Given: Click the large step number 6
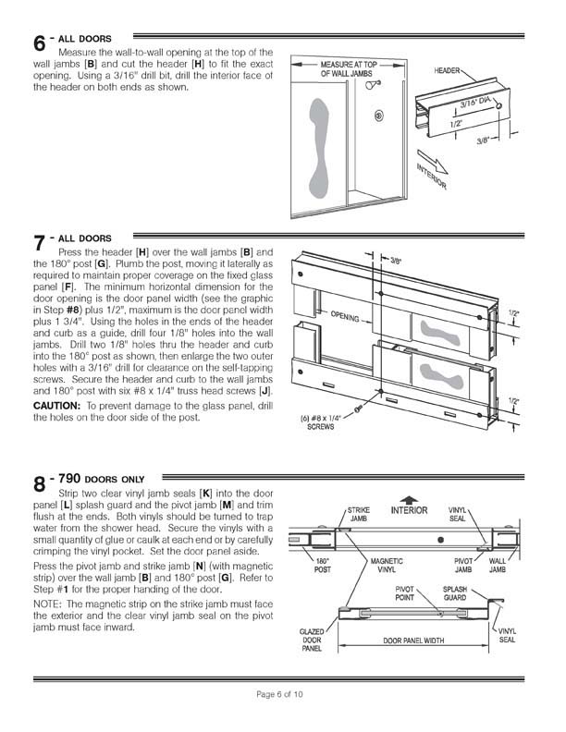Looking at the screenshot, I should point(40,43).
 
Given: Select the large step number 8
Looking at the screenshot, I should point(40,484).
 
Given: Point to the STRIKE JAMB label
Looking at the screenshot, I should point(358,513).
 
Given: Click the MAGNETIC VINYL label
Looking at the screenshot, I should point(386,565).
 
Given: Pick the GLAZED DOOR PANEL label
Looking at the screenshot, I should point(311,641).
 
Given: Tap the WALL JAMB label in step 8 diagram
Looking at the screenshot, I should point(498,565).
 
